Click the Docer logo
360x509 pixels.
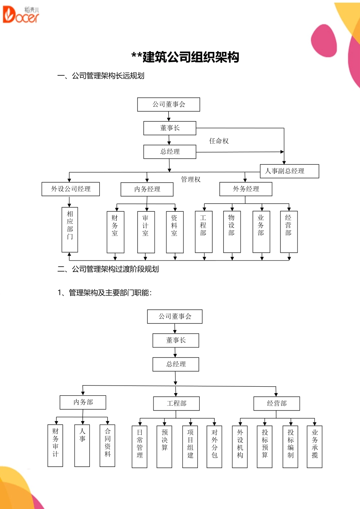pyautogui.click(x=21, y=15)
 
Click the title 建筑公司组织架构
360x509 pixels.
pyautogui.click(x=185, y=57)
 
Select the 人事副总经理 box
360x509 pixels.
pyautogui.click(x=290, y=171)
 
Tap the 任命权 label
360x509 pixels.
pyautogui.click(x=219, y=141)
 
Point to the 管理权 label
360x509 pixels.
pyautogui.click(x=191, y=180)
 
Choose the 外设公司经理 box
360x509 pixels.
pyautogui.click(x=70, y=189)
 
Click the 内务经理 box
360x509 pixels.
pyautogui.click(x=147, y=189)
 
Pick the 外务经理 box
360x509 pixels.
pyautogui.click(x=246, y=189)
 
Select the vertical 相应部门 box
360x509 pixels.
pyautogui.click(x=70, y=230)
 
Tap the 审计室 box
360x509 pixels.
pyautogui.click(x=146, y=232)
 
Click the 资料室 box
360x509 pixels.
pyautogui.click(x=175, y=232)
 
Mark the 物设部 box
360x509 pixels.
pyautogui.click(x=232, y=232)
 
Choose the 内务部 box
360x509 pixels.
pyautogui.click(x=83, y=402)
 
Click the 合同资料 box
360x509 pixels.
pyautogui.click(x=107, y=446)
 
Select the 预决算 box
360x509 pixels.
pyautogui.click(x=164, y=447)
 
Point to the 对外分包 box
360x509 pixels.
pyautogui.click(x=214, y=447)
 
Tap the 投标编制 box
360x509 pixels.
pyautogui.click(x=290, y=447)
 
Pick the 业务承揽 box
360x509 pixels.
pyautogui.click(x=315, y=447)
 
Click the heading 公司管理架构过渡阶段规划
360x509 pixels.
pyautogui.click(x=108, y=269)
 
